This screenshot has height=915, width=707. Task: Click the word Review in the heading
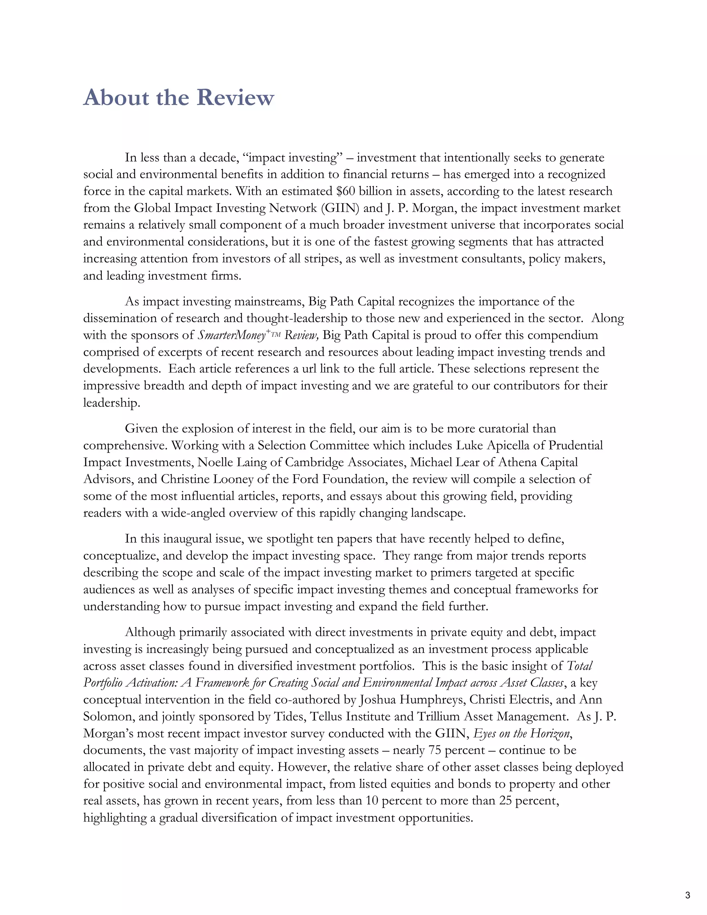click(x=235, y=98)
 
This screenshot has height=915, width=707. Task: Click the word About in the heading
click(x=116, y=98)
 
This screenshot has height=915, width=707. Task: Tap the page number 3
click(x=687, y=896)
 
